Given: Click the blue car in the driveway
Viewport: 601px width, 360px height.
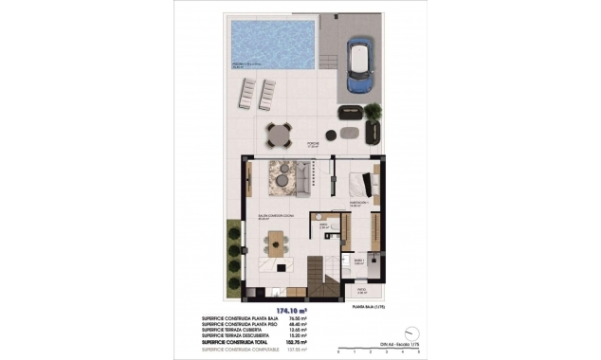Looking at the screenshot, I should tap(360, 64).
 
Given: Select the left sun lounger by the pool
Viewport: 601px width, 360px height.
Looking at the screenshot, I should tap(247, 94).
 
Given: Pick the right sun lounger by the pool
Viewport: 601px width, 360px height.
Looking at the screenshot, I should tap(267, 94).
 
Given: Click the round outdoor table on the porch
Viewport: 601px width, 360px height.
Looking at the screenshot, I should tap(280, 135).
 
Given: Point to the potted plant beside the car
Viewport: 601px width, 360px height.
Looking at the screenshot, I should tap(373, 111).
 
